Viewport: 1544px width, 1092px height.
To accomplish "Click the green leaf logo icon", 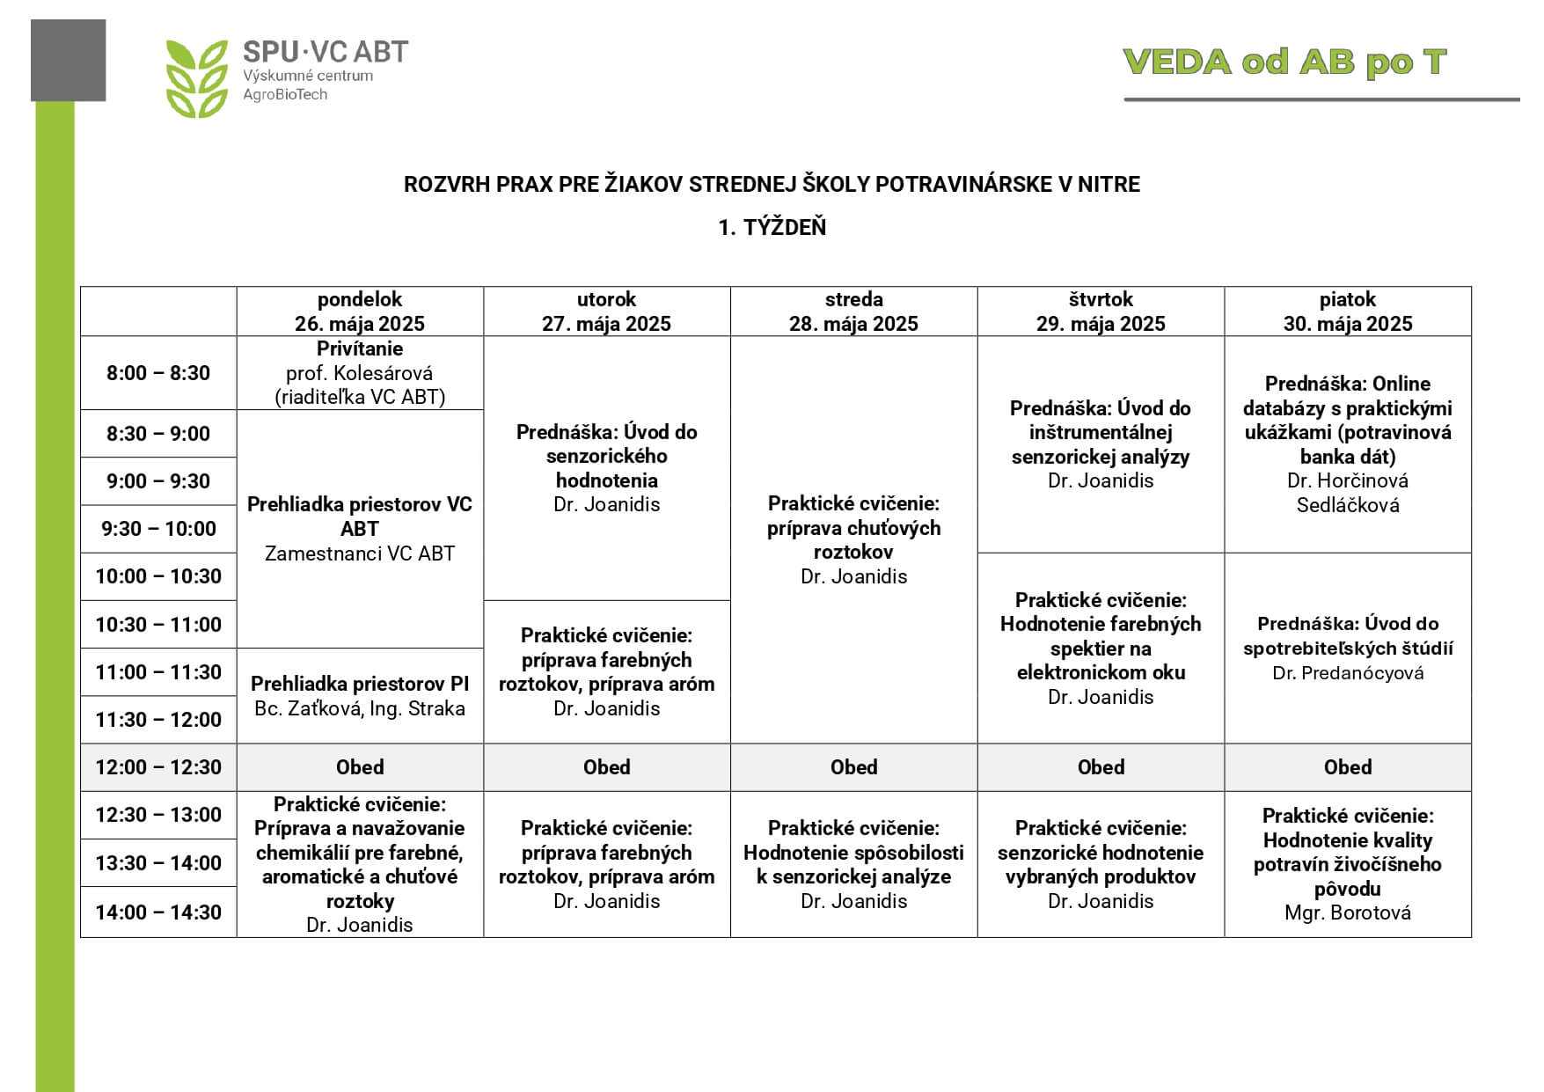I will click(x=196, y=78).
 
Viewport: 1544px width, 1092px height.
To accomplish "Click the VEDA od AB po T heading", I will click(x=1284, y=62).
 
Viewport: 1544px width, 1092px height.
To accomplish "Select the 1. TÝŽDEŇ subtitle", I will click(x=772, y=227).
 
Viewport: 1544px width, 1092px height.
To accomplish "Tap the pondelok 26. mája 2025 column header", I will click(x=360, y=311).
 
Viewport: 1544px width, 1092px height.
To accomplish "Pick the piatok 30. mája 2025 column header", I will click(x=1347, y=311).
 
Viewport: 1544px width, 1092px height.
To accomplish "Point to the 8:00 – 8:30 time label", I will click(x=158, y=373).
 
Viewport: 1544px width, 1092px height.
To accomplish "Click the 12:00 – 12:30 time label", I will click(x=158, y=767).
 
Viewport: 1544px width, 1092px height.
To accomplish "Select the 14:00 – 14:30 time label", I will click(x=158, y=912).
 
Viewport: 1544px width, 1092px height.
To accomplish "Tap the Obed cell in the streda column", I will click(x=853, y=767).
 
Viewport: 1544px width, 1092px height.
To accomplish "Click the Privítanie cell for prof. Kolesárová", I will click(x=360, y=373).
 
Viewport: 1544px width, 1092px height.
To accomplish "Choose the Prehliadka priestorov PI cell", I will click(x=360, y=696).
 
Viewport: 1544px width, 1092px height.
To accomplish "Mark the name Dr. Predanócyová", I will click(x=1347, y=673).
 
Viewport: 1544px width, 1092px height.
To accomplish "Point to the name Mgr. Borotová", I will click(x=1347, y=912).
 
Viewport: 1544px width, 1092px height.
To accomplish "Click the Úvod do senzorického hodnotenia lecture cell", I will click(x=606, y=468).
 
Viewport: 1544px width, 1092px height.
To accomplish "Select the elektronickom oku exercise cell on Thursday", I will click(x=1101, y=649).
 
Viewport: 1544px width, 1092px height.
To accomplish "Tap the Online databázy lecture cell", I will click(x=1347, y=444).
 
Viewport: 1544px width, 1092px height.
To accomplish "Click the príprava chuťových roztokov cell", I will click(x=853, y=539).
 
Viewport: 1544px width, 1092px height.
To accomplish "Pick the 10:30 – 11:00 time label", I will click(x=158, y=625).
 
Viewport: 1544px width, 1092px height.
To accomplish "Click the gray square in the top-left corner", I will click(x=68, y=60).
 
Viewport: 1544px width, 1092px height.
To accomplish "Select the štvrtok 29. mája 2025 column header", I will click(x=1101, y=311).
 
